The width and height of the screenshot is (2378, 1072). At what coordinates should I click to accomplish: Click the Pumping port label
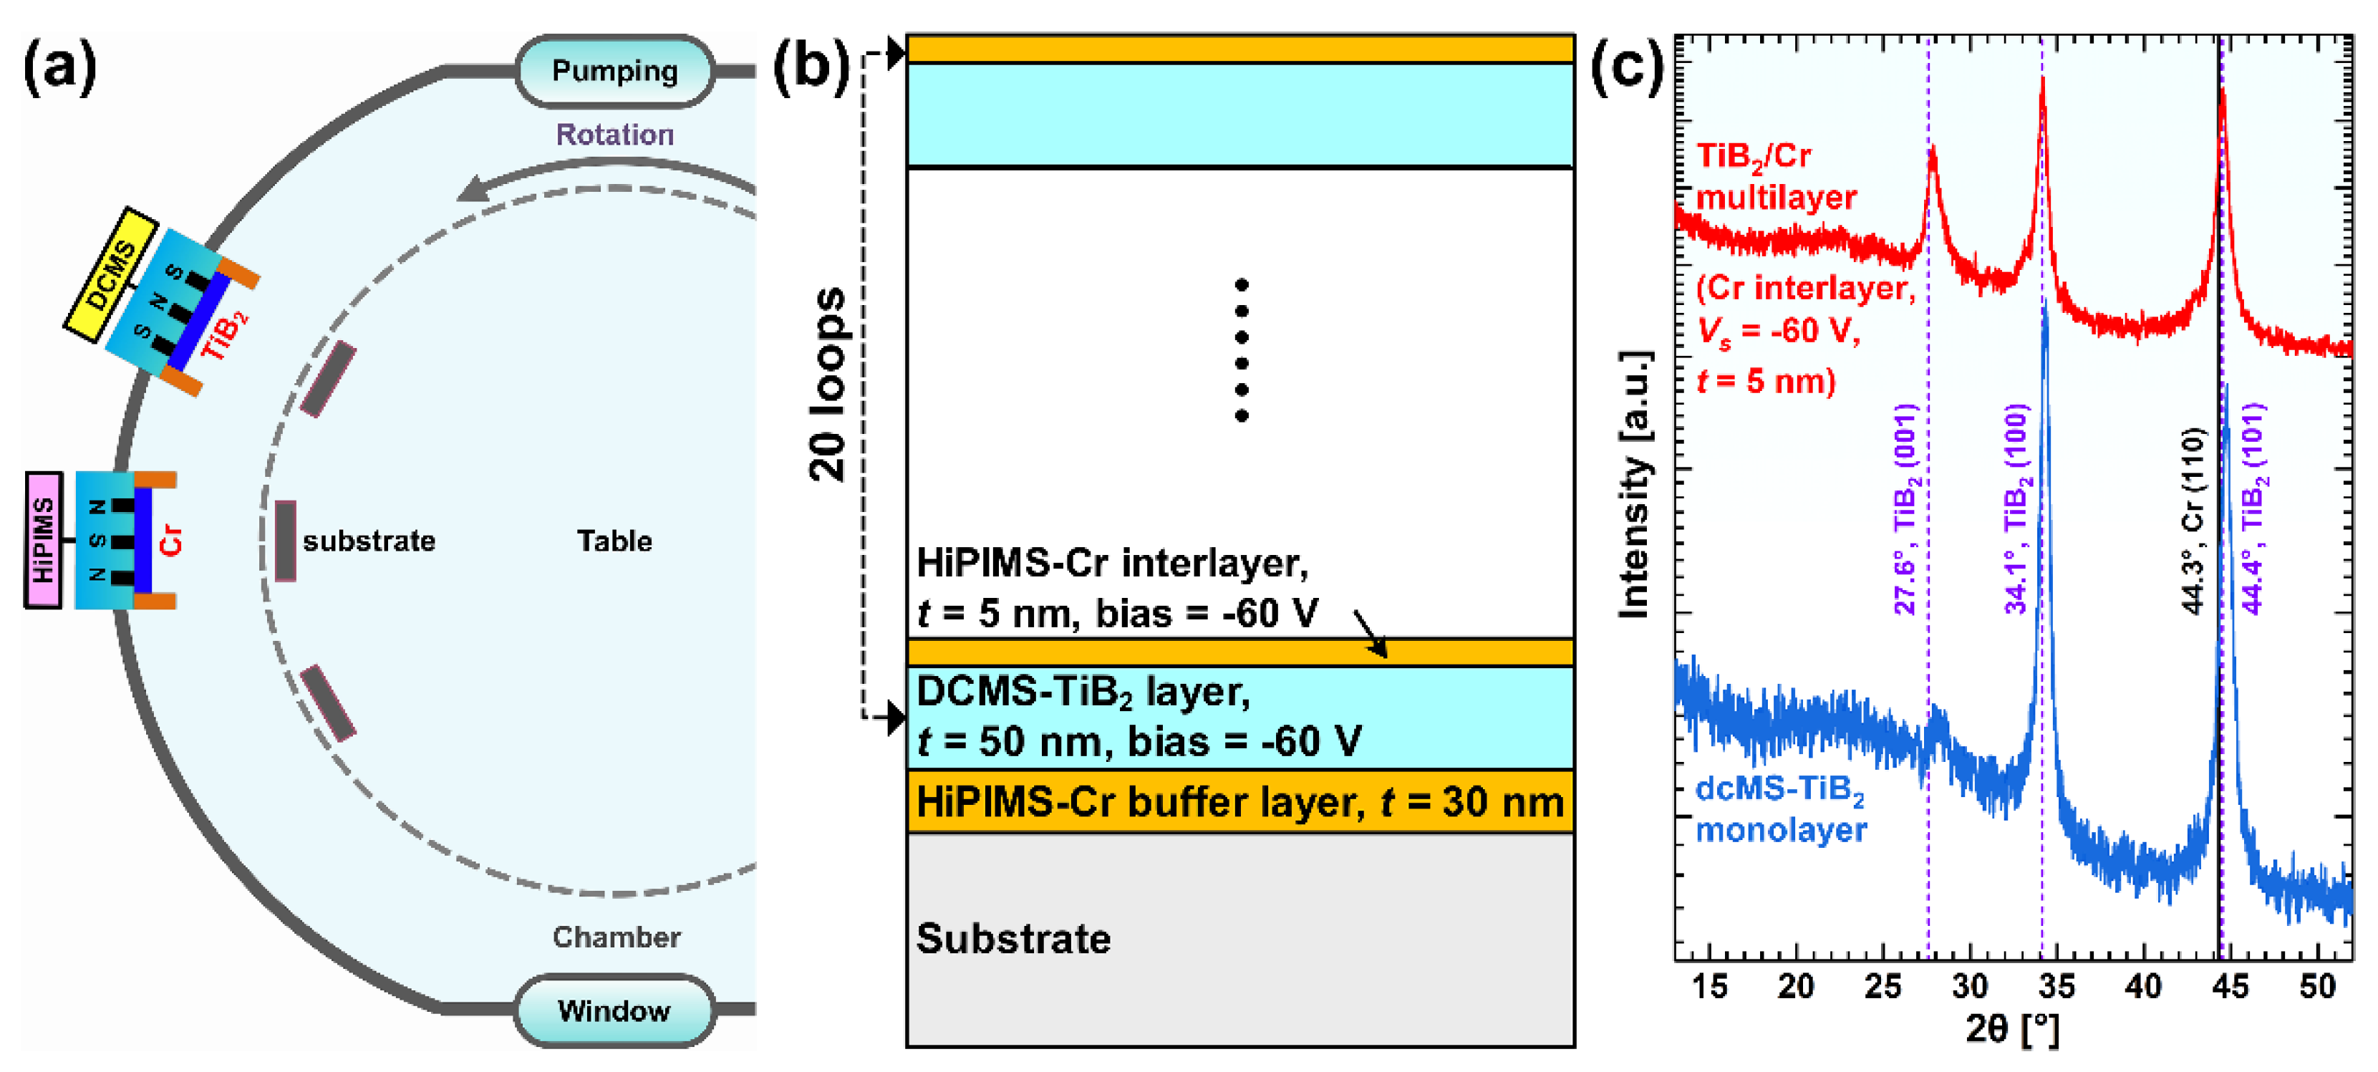[x=615, y=71]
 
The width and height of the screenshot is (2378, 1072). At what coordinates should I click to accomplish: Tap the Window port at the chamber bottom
[x=615, y=1010]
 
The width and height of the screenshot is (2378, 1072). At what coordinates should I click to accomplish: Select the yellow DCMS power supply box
[x=111, y=274]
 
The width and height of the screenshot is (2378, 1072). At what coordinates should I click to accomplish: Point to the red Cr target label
[x=172, y=540]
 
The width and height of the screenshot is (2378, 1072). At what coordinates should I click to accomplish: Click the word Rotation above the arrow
[x=615, y=135]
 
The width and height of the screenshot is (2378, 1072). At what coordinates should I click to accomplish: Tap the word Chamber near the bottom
[x=617, y=937]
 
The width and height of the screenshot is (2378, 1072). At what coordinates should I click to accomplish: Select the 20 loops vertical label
[x=827, y=383]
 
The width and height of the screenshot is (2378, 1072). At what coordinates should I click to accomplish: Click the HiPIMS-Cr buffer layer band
[x=1239, y=801]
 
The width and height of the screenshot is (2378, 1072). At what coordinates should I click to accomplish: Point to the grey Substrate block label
[x=1014, y=938]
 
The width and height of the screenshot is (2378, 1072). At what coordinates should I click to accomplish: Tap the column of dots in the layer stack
[x=1242, y=350]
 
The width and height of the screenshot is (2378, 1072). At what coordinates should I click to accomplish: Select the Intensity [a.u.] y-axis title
[x=1635, y=485]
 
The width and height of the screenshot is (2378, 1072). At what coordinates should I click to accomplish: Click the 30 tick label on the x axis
[x=1970, y=986]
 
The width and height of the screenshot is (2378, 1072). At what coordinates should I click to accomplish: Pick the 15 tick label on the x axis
[x=1710, y=986]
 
